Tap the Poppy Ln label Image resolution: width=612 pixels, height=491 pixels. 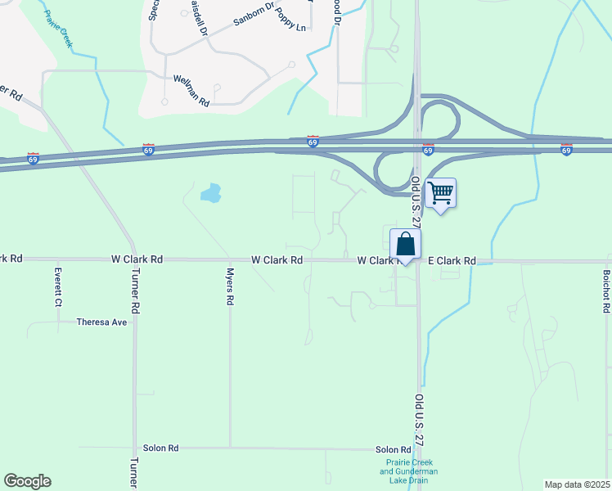pos(290,27)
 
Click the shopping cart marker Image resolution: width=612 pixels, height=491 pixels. pos(440,194)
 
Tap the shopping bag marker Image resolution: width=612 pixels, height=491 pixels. pos(405,244)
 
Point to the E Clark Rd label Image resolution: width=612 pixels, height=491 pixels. pos(452,261)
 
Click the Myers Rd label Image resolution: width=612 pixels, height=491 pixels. pos(231,287)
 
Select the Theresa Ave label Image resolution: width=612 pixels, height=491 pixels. pos(102,322)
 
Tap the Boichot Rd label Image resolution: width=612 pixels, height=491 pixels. pos(606,292)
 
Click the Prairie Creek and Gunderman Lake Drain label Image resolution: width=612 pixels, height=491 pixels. pos(411,471)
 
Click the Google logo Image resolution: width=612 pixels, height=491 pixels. pos(27,481)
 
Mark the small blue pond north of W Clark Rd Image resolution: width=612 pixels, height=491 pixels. pos(210,193)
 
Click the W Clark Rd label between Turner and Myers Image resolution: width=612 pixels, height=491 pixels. pos(137,259)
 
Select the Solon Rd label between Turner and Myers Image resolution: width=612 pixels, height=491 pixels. pos(160,448)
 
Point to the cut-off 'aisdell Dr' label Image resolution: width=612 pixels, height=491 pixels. pos(196,16)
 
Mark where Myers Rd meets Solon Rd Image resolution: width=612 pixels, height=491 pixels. pos(231,448)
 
